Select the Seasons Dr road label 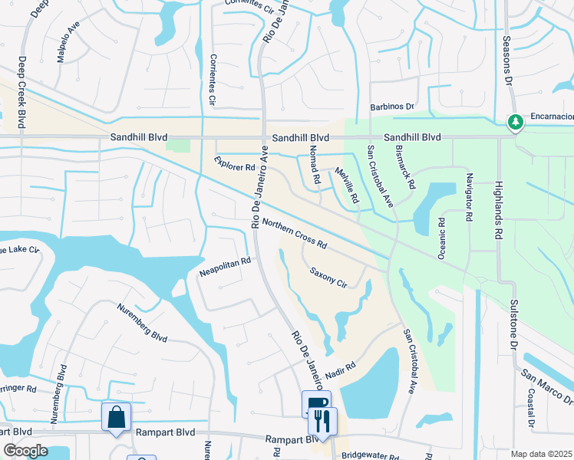click(x=507, y=58)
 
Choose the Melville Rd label click(x=346, y=186)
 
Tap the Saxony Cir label click(x=328, y=277)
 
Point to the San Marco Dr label click(x=547, y=386)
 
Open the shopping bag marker click(x=117, y=418)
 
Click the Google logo click(x=25, y=451)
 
